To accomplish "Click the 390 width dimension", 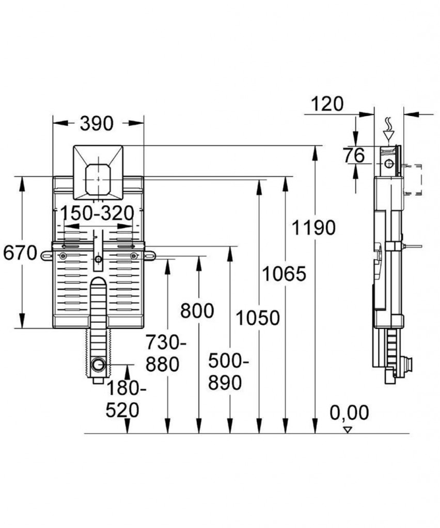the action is (x=97, y=124).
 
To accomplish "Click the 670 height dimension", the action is (x=20, y=253).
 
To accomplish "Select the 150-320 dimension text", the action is (x=98, y=213).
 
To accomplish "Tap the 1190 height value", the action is (x=313, y=227).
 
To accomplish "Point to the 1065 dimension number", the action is (x=284, y=273).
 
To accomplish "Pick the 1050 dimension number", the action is (x=258, y=318).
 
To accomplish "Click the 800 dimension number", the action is (x=197, y=310).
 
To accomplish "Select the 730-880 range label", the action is (x=166, y=354).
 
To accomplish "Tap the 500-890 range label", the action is (x=228, y=372).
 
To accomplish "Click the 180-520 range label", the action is (x=126, y=400).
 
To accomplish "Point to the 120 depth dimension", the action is (x=327, y=104).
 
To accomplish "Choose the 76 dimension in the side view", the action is (x=354, y=156).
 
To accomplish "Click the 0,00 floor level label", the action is (x=349, y=412).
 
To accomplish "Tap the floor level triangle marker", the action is (x=347, y=430).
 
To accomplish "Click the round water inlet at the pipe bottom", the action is (x=99, y=365).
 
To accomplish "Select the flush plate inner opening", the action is (x=99, y=179).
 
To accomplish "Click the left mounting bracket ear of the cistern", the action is (x=46, y=256).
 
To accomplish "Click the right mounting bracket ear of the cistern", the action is (x=150, y=256).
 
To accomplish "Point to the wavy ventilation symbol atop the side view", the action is (x=389, y=124).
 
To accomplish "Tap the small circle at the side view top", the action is (x=389, y=163).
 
